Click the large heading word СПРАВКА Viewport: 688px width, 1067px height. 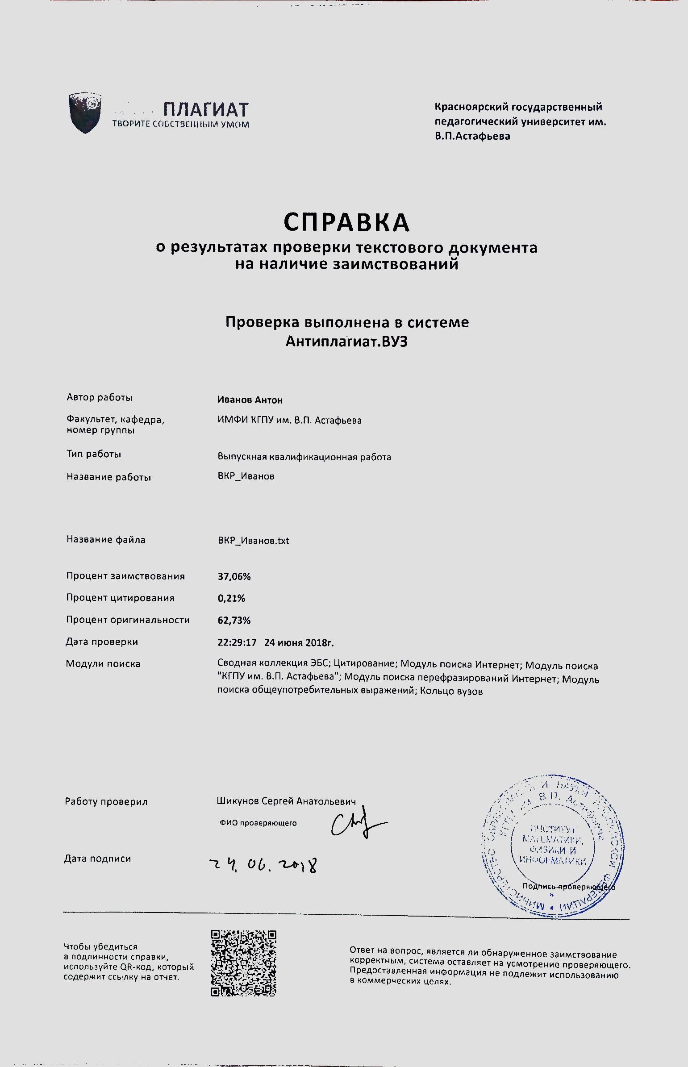tap(346, 222)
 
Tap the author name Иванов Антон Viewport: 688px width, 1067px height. tap(250, 400)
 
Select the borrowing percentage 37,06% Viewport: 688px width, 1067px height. tap(234, 577)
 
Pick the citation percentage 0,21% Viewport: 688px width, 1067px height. tap(231, 599)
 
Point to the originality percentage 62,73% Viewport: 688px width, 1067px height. tap(234, 621)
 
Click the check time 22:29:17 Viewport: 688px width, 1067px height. tap(237, 643)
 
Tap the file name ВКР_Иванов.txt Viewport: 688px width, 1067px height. tap(253, 541)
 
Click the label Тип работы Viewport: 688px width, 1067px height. tap(94, 454)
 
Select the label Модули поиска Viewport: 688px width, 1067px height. tap(103, 664)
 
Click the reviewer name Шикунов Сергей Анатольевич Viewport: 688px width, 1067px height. tap(286, 801)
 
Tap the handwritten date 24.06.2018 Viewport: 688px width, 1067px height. tap(263, 865)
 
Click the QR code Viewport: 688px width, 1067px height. tap(243, 963)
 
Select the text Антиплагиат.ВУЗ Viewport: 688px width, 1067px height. tap(346, 342)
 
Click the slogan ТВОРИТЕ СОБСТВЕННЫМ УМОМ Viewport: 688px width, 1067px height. tap(180, 125)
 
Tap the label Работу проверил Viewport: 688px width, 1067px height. tap(106, 802)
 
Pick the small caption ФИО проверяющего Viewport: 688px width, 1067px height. tap(258, 823)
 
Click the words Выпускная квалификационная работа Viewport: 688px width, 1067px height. tap(304, 457)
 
